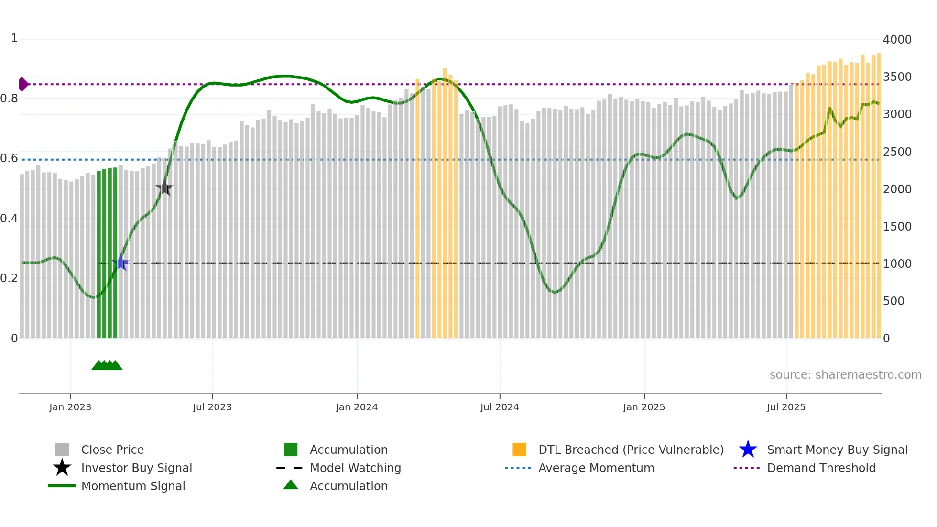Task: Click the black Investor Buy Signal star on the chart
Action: pos(164,188)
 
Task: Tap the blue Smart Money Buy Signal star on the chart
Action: pos(121,263)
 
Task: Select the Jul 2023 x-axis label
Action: pos(212,407)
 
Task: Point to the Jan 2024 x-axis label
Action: pos(357,407)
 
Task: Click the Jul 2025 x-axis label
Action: pos(786,407)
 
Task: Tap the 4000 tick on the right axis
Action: pos(897,40)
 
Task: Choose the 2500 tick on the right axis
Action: pos(897,152)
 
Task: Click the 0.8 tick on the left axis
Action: pos(10,99)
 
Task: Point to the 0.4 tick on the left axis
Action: pos(10,219)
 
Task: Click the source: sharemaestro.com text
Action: pos(845,375)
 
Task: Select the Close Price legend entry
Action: pos(112,450)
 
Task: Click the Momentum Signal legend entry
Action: pos(133,486)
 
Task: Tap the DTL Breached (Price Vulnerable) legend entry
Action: pos(631,450)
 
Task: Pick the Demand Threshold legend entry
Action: pos(821,468)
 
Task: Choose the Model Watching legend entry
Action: pos(355,468)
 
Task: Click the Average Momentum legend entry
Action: pos(596,468)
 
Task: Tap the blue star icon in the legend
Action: pos(748,450)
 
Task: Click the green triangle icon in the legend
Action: pos(291,485)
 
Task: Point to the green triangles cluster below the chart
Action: pos(107,365)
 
